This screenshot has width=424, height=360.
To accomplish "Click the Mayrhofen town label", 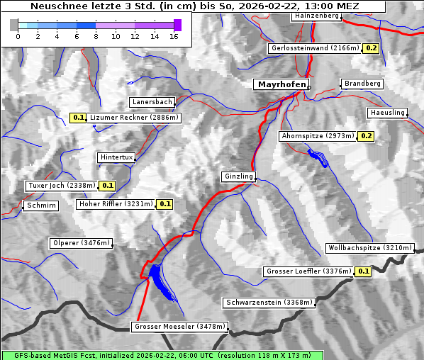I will (x=281, y=84).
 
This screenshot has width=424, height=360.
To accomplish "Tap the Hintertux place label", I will (x=116, y=157).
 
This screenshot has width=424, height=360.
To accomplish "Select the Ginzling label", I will (x=238, y=176).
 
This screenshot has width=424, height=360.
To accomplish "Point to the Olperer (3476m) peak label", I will (x=82, y=243).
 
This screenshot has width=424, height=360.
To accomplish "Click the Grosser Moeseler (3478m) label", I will (x=180, y=327).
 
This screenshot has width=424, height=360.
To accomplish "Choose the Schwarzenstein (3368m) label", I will (x=269, y=303).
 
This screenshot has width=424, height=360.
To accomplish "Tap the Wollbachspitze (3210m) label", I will (x=369, y=248).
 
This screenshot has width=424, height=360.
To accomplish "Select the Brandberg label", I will (x=362, y=84).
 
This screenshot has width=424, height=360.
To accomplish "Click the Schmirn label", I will (x=40, y=206).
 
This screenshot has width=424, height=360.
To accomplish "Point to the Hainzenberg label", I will (x=316, y=15).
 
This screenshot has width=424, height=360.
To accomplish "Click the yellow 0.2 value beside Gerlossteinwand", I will (x=372, y=48).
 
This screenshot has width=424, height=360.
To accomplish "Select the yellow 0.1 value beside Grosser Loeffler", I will (x=363, y=271).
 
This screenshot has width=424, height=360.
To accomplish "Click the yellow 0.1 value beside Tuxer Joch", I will (x=107, y=186).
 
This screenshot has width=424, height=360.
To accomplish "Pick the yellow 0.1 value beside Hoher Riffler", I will (x=164, y=204).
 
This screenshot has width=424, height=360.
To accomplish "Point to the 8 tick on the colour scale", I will (x=96, y=36).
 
